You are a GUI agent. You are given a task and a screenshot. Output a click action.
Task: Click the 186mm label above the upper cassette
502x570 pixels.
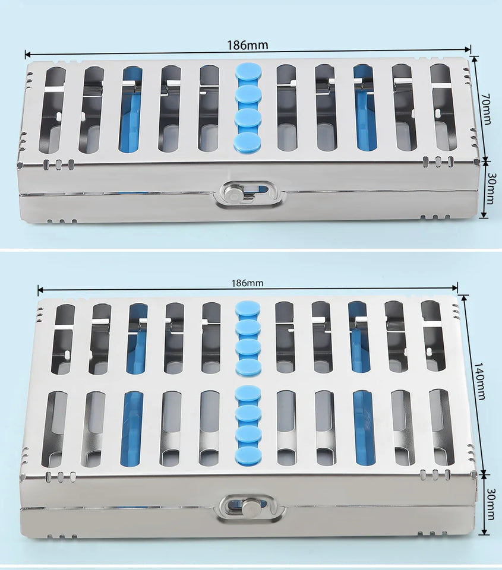[247, 45]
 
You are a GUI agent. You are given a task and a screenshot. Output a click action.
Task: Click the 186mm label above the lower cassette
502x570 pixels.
[247, 283]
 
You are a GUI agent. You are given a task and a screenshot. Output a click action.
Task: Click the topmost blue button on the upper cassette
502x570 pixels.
[248, 72]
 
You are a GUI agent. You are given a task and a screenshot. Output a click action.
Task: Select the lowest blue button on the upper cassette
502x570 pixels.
[248, 142]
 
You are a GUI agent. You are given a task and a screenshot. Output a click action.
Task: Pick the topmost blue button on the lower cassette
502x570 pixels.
[248, 309]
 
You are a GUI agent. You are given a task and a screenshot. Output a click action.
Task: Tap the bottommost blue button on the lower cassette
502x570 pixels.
[248, 455]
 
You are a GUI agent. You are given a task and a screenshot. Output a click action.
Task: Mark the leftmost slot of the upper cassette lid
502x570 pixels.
[52, 110]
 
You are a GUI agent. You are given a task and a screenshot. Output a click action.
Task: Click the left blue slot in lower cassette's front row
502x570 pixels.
[131, 428]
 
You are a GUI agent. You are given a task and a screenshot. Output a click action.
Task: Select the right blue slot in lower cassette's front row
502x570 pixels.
[364, 427]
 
